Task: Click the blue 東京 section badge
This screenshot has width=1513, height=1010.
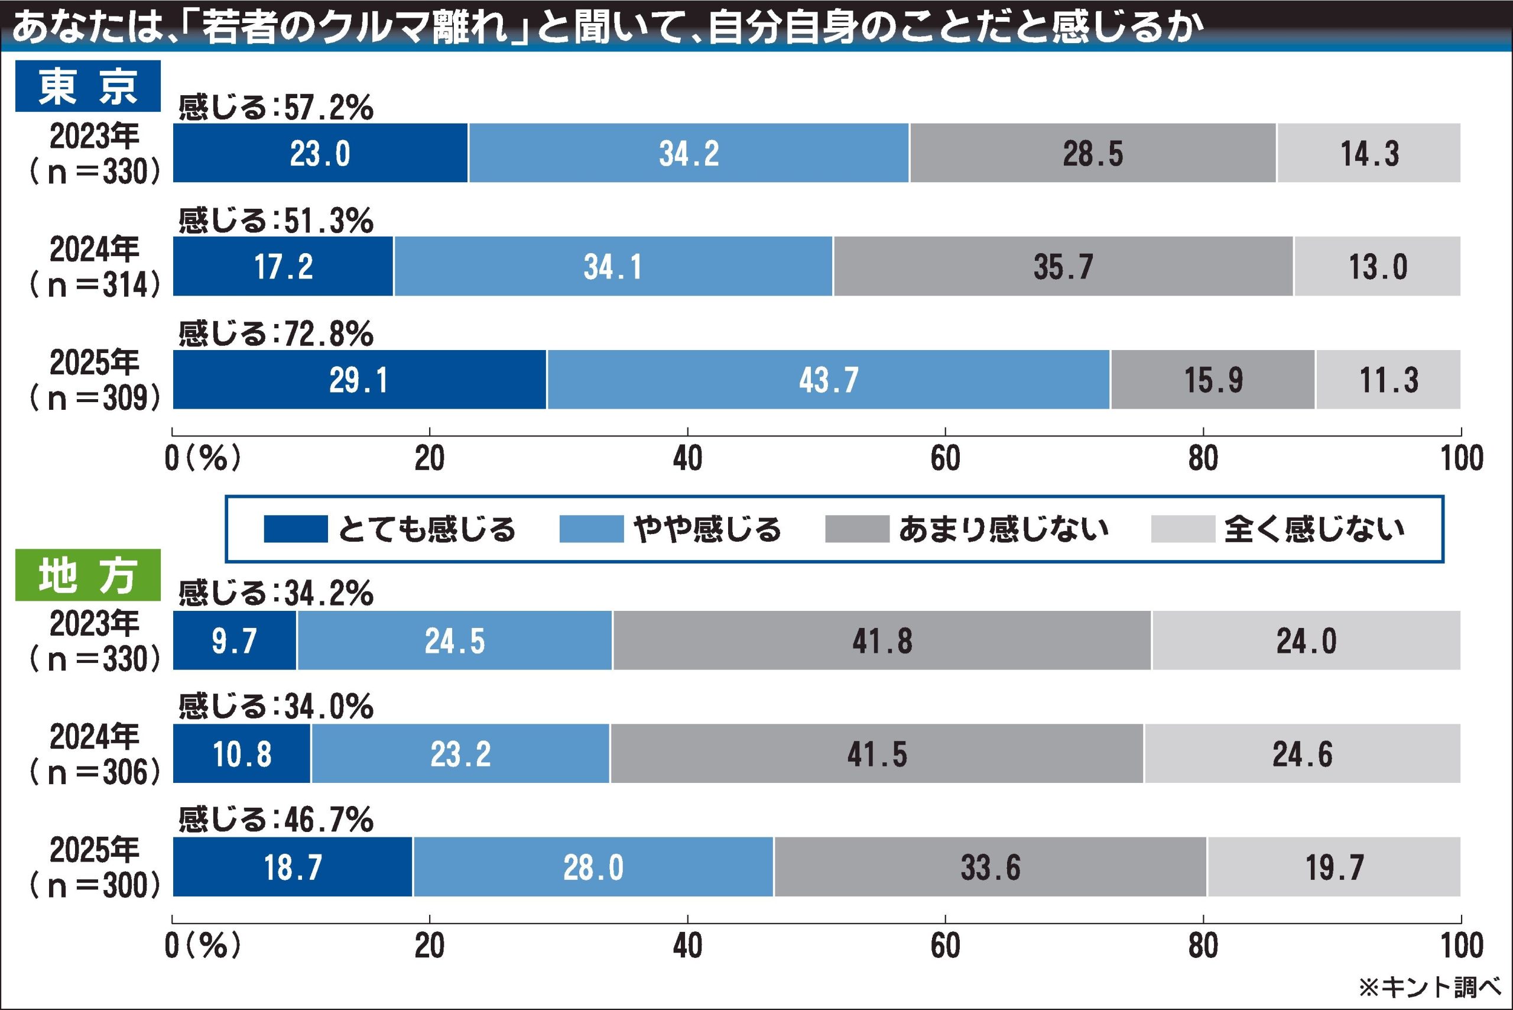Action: click(87, 86)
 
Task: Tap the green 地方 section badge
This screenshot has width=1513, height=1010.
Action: click(87, 575)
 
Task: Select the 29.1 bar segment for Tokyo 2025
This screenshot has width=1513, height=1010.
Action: click(359, 380)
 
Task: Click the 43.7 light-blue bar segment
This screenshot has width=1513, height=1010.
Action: click(829, 380)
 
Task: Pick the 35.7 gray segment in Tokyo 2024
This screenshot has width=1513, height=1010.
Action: click(1063, 266)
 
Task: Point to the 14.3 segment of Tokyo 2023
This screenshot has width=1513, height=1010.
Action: click(1369, 153)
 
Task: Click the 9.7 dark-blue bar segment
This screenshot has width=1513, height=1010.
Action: click(235, 640)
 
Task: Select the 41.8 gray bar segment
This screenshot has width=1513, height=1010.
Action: click(882, 640)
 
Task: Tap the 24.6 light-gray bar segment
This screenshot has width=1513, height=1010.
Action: click(1302, 753)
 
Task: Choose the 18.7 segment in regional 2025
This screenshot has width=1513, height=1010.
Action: click(293, 867)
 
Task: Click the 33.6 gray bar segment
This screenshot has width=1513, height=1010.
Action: click(990, 867)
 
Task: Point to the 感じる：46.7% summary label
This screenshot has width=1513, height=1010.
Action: click(275, 820)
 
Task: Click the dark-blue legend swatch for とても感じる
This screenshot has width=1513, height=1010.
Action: click(296, 529)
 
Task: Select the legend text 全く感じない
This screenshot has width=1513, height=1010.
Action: click(1313, 529)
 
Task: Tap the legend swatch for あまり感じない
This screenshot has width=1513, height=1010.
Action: click(856, 529)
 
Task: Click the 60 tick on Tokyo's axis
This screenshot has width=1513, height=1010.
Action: click(945, 458)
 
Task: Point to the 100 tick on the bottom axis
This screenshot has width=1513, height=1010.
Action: click(1462, 945)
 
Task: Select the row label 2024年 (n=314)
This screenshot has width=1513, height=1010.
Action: click(95, 266)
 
